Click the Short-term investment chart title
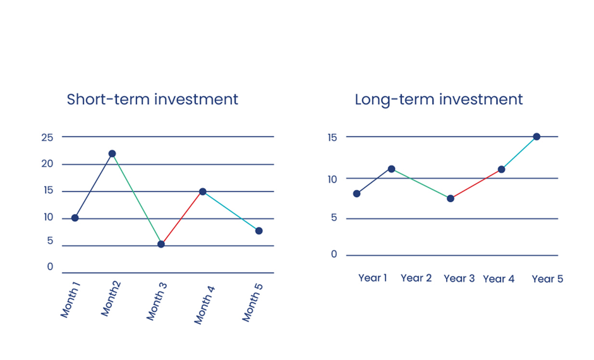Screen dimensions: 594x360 click(152, 100)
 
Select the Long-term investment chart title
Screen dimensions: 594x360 click(439, 100)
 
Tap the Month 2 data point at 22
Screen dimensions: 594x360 click(112, 153)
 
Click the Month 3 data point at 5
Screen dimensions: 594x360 click(161, 244)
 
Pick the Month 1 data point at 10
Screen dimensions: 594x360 click(75, 218)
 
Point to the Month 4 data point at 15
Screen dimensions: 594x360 click(203, 191)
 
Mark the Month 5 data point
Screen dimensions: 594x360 click(258, 231)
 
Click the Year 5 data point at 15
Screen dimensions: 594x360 click(536, 136)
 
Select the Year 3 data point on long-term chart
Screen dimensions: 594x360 click(451, 198)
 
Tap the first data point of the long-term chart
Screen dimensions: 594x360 click(356, 194)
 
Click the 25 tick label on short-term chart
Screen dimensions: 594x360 click(47, 138)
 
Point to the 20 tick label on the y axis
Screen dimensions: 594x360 click(47, 164)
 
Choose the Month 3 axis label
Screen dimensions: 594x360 click(157, 301)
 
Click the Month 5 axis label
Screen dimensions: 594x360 click(252, 302)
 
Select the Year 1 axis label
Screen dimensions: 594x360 click(373, 278)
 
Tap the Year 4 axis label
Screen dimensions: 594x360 click(499, 279)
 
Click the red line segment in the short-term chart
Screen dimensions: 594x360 click(182, 218)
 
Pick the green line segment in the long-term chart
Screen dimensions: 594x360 click(421, 184)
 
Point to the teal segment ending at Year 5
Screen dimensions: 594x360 click(519, 153)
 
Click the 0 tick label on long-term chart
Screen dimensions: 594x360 click(334, 255)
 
